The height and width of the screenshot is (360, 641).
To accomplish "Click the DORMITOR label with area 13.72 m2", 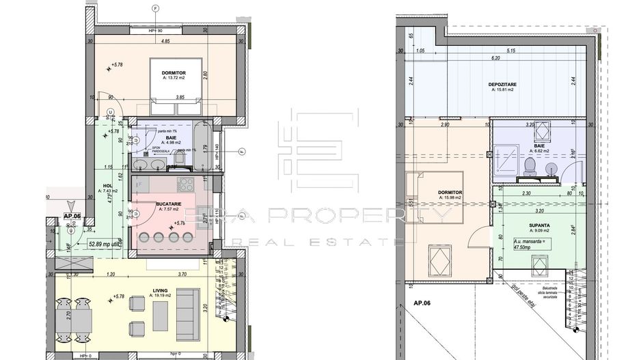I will click(174, 74).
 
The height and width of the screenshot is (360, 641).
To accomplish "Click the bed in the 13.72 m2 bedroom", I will click(175, 87).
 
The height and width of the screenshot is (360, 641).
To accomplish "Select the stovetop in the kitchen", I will click(185, 184).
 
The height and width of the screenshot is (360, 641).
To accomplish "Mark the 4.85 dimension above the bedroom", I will click(165, 41).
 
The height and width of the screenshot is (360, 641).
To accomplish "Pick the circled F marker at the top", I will click(156, 8).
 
